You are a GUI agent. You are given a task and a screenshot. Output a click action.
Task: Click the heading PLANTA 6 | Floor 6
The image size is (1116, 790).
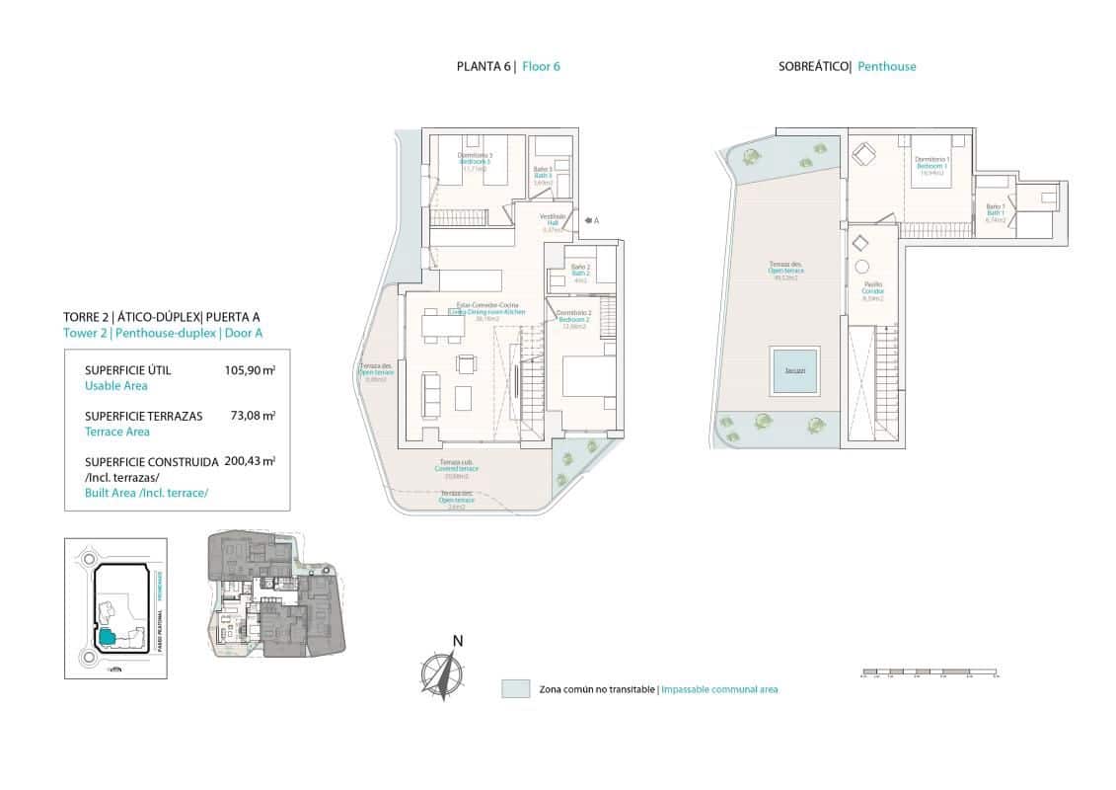[x=508, y=67]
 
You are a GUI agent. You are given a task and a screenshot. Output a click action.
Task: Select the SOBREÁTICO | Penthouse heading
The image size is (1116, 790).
[x=847, y=67]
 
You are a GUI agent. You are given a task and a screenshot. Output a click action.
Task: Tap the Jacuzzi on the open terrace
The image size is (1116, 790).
[x=794, y=370]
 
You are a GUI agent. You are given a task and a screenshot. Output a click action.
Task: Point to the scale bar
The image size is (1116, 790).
[x=928, y=674]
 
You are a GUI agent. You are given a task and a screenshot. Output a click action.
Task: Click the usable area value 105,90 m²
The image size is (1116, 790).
[x=250, y=369]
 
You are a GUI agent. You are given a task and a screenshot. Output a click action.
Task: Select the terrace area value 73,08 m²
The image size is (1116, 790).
[x=254, y=416]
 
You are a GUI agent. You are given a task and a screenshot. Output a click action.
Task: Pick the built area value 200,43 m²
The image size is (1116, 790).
[x=250, y=460]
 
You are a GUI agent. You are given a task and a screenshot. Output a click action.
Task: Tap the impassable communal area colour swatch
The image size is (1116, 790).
[x=515, y=688]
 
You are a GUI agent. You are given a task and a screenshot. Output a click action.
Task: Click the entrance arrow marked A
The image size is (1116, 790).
[x=589, y=221]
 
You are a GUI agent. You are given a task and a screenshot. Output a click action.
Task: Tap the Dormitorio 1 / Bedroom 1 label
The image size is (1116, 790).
[x=932, y=164]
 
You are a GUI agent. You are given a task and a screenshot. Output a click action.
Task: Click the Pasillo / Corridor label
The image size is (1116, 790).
[x=872, y=290]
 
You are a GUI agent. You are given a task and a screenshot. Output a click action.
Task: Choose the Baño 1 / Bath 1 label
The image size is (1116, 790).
[x=995, y=213]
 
